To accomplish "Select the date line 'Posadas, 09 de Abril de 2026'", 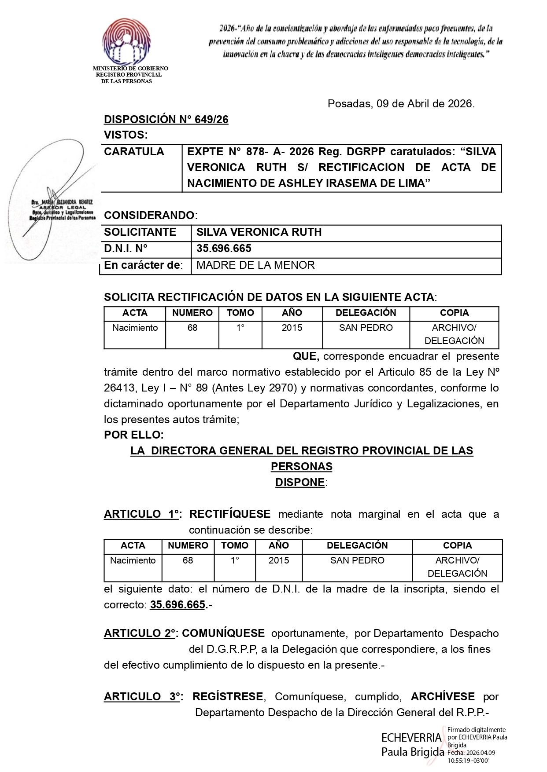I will [x=401, y=104].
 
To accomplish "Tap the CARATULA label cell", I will [x=134, y=152].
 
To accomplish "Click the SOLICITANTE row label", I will [x=140, y=232].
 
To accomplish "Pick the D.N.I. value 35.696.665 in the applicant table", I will [x=224, y=249].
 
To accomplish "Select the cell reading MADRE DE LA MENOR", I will [x=255, y=265].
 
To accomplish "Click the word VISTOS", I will [x=126, y=135].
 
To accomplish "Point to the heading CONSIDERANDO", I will [x=151, y=216].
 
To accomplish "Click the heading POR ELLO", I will [x=133, y=435].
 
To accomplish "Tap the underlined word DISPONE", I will [x=300, y=483].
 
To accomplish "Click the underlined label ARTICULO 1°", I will [x=143, y=514].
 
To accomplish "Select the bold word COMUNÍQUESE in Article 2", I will [x=223, y=633].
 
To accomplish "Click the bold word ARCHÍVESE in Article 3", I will [x=443, y=697].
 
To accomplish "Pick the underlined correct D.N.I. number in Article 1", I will [x=177, y=605].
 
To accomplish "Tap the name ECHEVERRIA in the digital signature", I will [x=411, y=738].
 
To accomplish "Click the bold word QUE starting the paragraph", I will [x=306, y=356].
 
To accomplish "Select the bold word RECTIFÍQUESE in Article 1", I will [x=230, y=514].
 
